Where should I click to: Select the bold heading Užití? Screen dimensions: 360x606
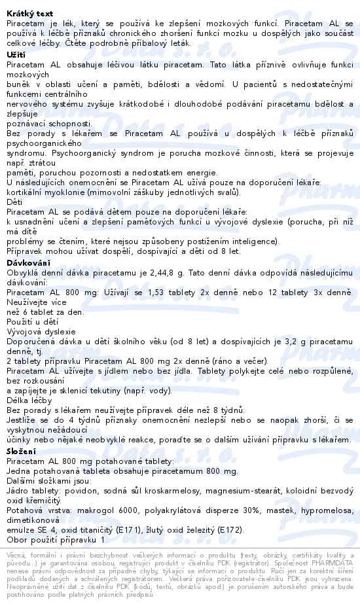tap(16, 55)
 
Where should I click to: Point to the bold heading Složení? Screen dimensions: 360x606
tap(22, 451)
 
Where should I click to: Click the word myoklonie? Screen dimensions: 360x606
tap(73, 192)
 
